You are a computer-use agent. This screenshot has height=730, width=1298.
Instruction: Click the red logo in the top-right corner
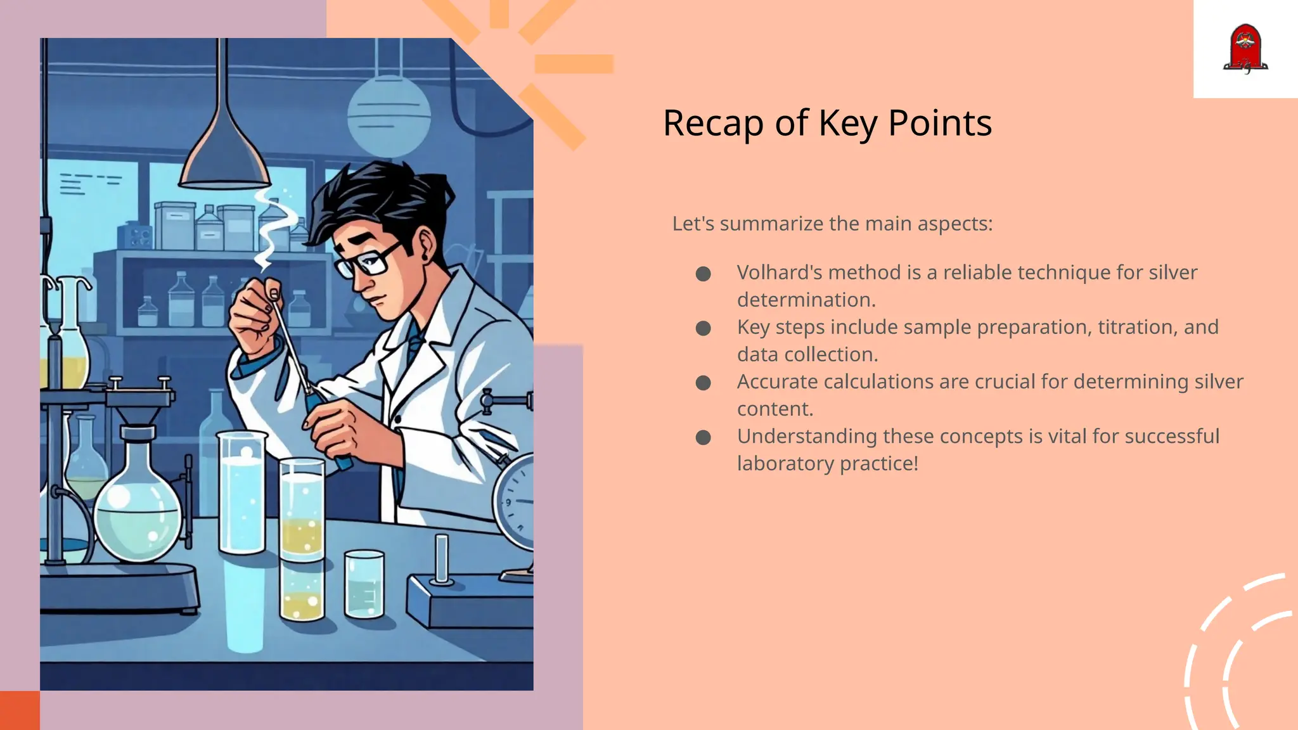[x=1245, y=49]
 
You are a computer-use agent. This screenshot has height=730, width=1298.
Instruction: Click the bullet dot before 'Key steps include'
[x=703, y=328]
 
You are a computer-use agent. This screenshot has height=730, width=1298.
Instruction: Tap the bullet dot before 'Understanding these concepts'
[x=703, y=437]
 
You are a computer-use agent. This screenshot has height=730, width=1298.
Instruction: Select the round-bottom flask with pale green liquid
[x=138, y=513]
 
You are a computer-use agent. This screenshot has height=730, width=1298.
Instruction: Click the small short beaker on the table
[x=364, y=584]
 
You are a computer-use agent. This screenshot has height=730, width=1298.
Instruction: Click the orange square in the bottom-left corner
[x=20, y=710]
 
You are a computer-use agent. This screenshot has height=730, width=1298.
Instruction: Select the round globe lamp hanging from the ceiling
[x=389, y=114]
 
